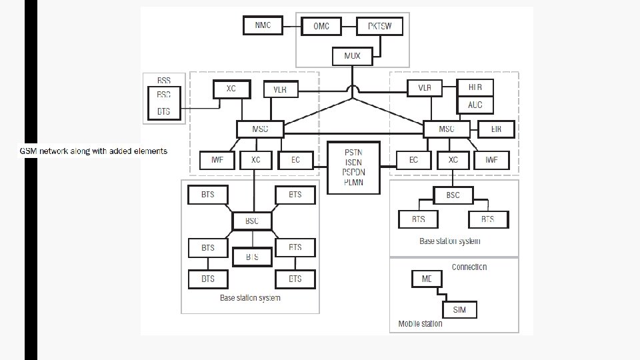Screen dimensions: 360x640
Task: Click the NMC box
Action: click(263, 26)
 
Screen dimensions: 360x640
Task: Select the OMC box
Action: click(321, 27)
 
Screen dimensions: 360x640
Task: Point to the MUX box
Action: click(352, 56)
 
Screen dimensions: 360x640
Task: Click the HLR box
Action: click(475, 88)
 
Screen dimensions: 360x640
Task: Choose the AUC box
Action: click(475, 105)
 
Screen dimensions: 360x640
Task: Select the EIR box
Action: click(496, 127)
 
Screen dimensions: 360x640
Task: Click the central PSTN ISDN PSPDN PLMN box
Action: click(354, 167)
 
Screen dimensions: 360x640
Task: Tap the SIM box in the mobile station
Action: click(459, 310)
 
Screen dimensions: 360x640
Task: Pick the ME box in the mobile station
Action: click(427, 279)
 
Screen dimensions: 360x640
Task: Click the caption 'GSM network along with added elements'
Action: click(93, 151)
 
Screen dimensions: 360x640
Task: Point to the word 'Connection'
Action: click(469, 267)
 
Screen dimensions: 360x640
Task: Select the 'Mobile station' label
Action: click(420, 324)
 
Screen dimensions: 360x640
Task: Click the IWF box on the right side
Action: click(491, 160)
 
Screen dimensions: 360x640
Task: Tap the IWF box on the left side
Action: click(217, 161)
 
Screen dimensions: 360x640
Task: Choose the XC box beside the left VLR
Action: click(231, 89)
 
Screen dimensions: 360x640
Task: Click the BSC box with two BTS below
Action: click(453, 195)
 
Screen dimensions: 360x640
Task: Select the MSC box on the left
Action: click(260, 129)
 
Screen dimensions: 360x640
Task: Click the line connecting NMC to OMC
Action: click(290, 26)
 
